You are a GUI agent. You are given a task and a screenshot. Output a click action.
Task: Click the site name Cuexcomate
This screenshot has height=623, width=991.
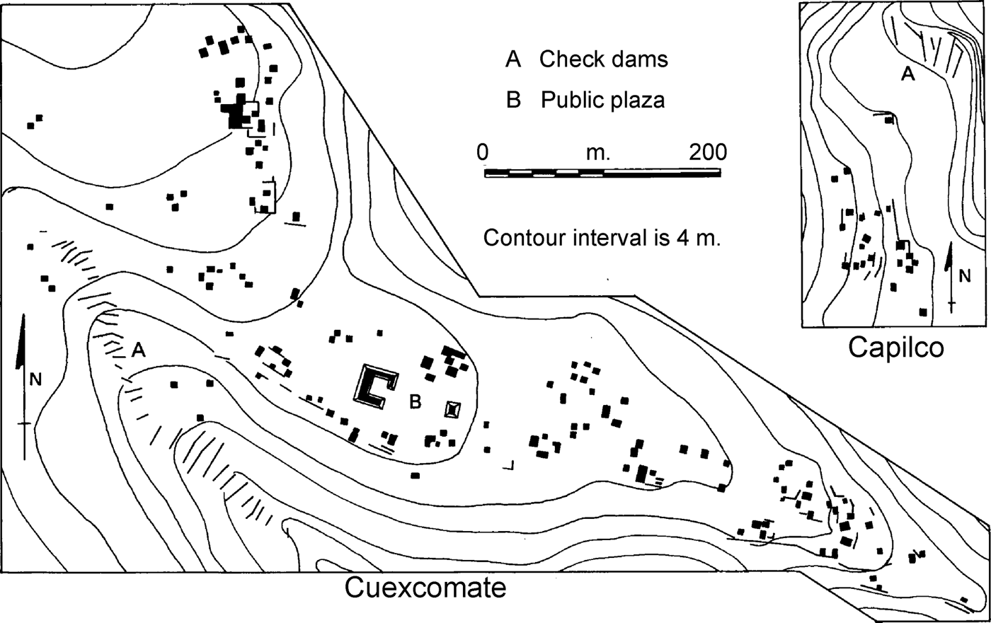(425, 588)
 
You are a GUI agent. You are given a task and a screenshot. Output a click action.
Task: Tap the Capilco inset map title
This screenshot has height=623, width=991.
(897, 348)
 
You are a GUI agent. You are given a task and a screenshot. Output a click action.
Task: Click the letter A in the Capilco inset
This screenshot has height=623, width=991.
(907, 73)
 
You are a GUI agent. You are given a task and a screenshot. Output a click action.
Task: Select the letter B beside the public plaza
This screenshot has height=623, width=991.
(416, 402)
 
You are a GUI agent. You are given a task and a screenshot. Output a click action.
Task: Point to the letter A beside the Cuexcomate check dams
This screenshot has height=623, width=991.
(139, 349)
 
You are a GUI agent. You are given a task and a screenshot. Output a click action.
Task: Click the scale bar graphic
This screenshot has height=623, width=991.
(602, 173)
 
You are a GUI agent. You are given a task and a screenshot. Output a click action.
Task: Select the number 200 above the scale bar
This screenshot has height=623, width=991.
(706, 152)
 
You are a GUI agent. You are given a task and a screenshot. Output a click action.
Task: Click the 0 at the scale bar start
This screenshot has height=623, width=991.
(483, 152)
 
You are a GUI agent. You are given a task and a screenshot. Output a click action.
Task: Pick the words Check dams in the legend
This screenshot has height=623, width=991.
(603, 59)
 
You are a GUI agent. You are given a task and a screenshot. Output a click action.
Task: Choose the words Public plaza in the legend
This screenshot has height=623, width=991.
(603, 101)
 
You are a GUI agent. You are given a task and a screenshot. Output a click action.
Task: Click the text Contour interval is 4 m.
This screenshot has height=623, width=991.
(602, 237)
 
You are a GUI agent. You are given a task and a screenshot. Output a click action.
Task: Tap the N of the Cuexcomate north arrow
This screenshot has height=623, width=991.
(36, 380)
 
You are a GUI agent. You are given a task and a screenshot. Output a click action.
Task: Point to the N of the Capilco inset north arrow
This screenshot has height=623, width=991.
(965, 277)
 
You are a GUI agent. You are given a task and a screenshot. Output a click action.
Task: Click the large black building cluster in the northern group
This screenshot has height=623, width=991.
(237, 113)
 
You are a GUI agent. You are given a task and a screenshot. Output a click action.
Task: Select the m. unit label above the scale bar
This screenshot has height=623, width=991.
(599, 152)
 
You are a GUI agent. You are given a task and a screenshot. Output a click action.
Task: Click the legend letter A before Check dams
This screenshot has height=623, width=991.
(513, 59)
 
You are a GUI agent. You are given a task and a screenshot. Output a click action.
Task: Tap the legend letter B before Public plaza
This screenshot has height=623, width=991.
(514, 101)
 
